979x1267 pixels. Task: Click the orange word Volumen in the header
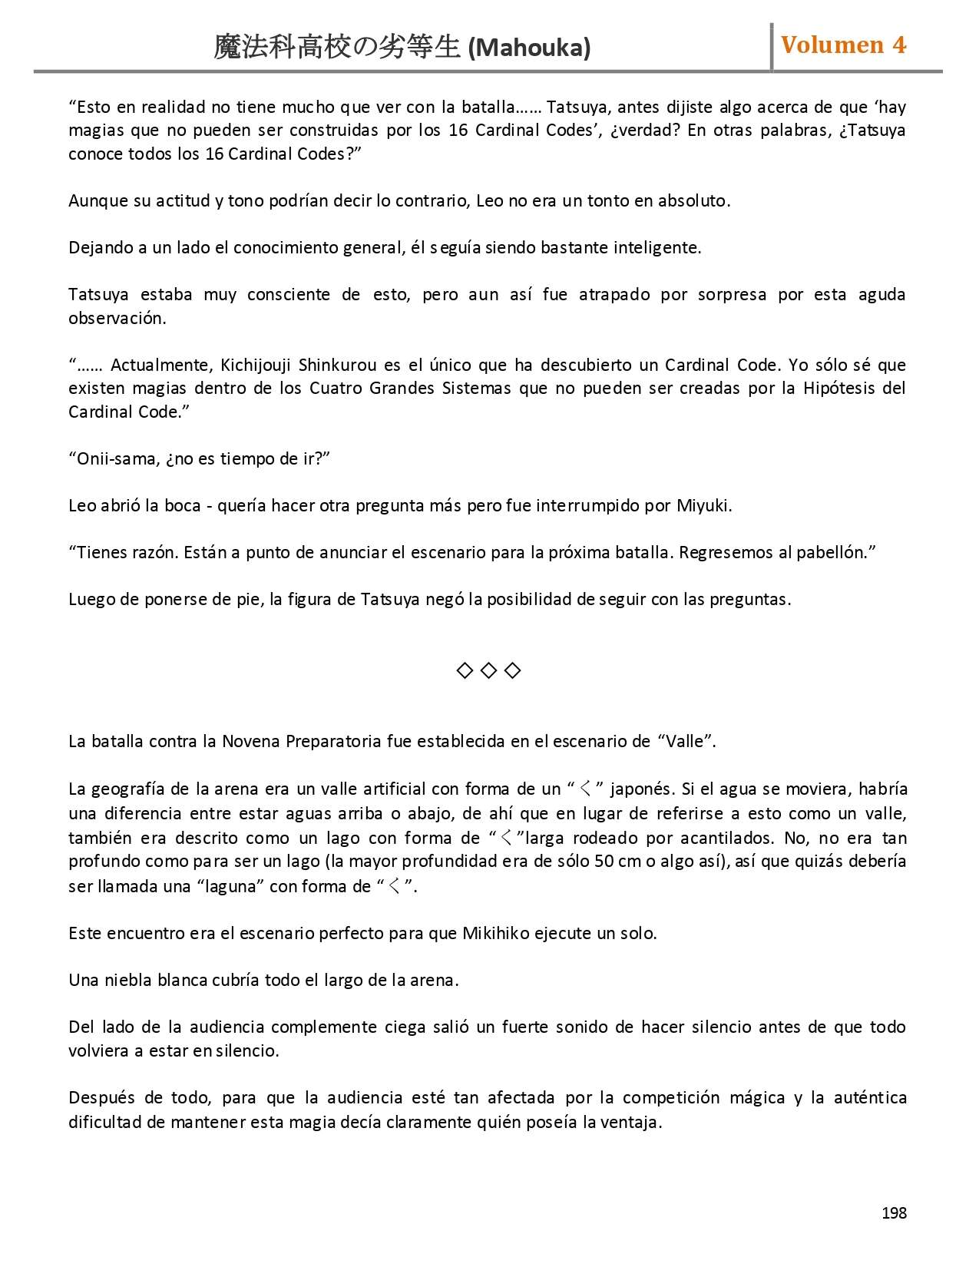(832, 45)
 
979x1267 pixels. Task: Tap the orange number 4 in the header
(898, 45)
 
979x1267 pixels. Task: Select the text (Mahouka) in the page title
(529, 48)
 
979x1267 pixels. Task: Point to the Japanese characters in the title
(338, 48)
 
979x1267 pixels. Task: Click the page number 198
(894, 1212)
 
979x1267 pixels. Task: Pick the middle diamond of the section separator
(488, 670)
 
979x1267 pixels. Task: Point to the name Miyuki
(703, 505)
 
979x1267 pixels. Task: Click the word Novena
(251, 741)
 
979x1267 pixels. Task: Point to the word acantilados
(727, 837)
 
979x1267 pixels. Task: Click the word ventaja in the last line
(631, 1122)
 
